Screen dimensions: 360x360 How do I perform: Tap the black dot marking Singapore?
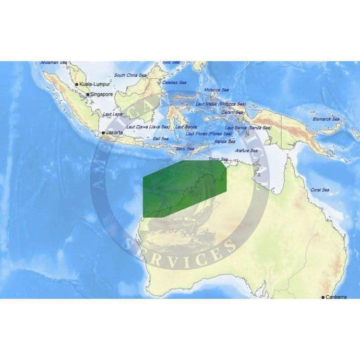click(88, 94)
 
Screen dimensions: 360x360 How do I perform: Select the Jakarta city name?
click(114, 133)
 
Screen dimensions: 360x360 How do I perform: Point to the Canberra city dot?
click(323, 297)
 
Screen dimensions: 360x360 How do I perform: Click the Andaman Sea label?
click(54, 63)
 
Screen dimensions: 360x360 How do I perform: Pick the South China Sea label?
click(130, 75)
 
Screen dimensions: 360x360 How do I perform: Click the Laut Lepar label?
click(113, 114)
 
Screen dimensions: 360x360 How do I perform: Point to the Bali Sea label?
click(161, 139)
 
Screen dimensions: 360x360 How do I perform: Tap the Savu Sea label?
click(185, 148)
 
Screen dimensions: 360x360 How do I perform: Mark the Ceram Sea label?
click(232, 112)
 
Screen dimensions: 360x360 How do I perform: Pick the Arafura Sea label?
click(246, 151)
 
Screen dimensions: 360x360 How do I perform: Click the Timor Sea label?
click(218, 159)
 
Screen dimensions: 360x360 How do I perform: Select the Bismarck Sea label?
click(326, 119)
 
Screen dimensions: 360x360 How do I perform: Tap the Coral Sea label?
click(319, 190)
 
